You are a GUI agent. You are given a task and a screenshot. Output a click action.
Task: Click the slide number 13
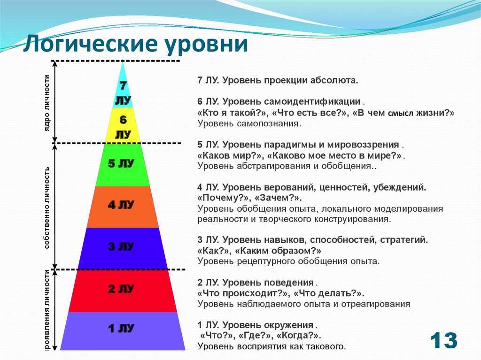[443, 340]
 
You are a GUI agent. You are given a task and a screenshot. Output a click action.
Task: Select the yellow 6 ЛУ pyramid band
[123, 126]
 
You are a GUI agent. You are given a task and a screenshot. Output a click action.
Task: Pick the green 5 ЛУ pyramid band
[123, 165]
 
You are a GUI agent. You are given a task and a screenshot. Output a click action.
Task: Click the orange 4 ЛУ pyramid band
[123, 207]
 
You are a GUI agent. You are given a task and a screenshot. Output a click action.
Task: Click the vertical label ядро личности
[47, 103]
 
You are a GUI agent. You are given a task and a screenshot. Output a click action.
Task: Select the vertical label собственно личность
[47, 207]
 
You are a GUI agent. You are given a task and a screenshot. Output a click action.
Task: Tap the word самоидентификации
[312, 101]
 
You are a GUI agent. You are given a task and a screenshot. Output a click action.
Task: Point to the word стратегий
[403, 240]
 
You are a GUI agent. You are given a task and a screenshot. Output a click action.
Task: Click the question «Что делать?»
[328, 293]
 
